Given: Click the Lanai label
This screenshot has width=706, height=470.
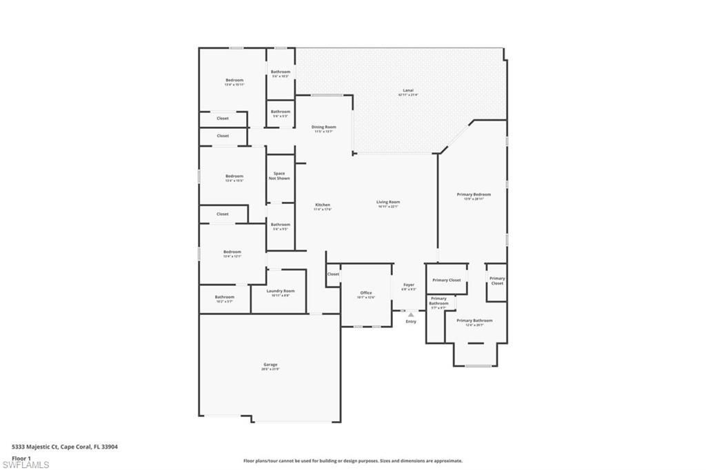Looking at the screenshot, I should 408,90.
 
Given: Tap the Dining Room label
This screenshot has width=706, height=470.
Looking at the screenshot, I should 323,127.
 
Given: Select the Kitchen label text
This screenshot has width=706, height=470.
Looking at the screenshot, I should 323,205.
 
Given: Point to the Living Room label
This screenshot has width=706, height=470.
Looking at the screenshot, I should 388,203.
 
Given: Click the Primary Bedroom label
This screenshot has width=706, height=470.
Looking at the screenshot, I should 474,194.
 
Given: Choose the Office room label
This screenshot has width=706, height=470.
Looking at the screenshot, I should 365,293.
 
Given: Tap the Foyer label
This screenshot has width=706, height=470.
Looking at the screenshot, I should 409,285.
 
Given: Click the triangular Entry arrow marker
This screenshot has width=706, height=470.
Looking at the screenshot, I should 411,314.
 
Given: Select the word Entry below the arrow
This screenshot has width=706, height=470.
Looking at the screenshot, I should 411,322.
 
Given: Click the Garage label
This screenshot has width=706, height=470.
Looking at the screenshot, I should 270,365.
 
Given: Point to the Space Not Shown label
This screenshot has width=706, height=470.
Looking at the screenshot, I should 279,176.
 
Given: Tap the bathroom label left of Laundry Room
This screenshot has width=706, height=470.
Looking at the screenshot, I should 224,297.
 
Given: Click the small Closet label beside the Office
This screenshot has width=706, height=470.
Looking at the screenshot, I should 333,274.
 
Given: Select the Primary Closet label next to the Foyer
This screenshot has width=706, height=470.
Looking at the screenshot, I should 446,280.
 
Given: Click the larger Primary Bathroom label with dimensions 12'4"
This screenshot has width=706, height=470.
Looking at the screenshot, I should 474,320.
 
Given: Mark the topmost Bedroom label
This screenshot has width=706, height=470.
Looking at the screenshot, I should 234,81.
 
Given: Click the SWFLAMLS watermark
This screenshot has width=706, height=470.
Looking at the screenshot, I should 25,464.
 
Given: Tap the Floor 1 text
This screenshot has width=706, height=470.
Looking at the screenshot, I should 21,458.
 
